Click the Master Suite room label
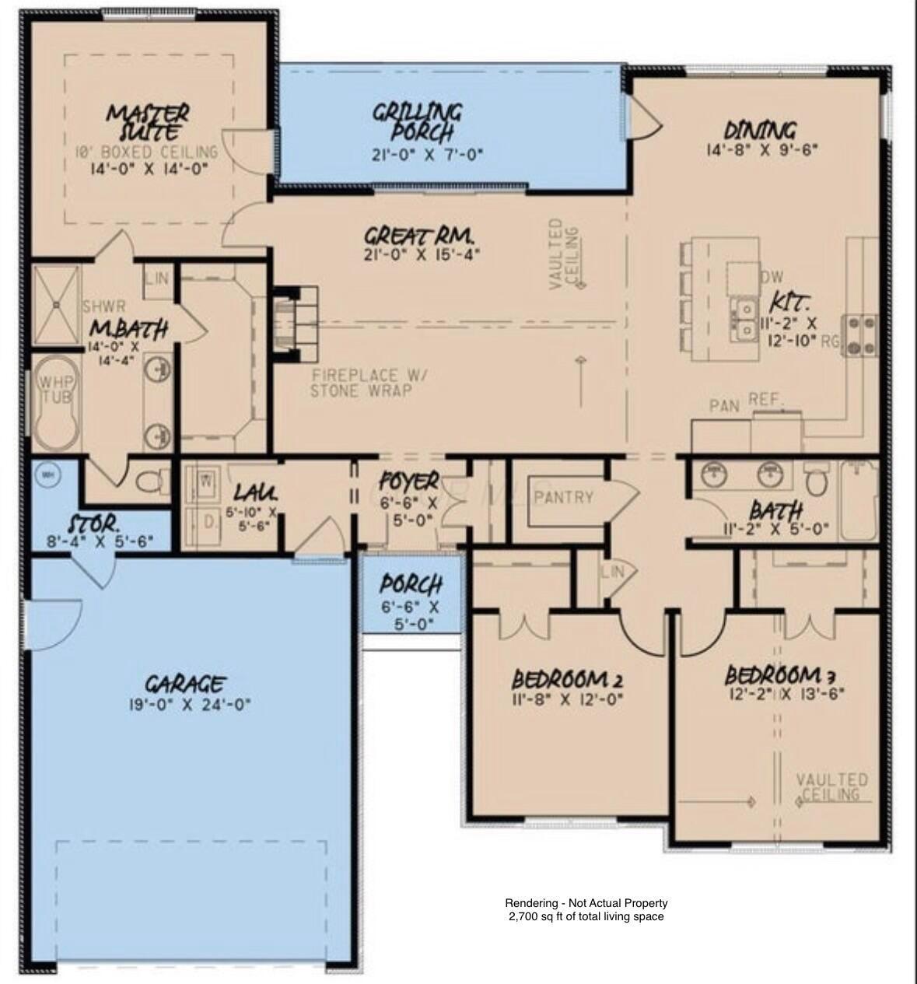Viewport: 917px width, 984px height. point(147,122)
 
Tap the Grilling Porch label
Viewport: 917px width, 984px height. point(417,121)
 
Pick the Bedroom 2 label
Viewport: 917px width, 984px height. point(567,678)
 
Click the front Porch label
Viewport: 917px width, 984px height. point(411,584)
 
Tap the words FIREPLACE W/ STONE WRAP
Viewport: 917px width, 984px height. point(361,383)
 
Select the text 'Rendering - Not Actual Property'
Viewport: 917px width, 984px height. point(586,903)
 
